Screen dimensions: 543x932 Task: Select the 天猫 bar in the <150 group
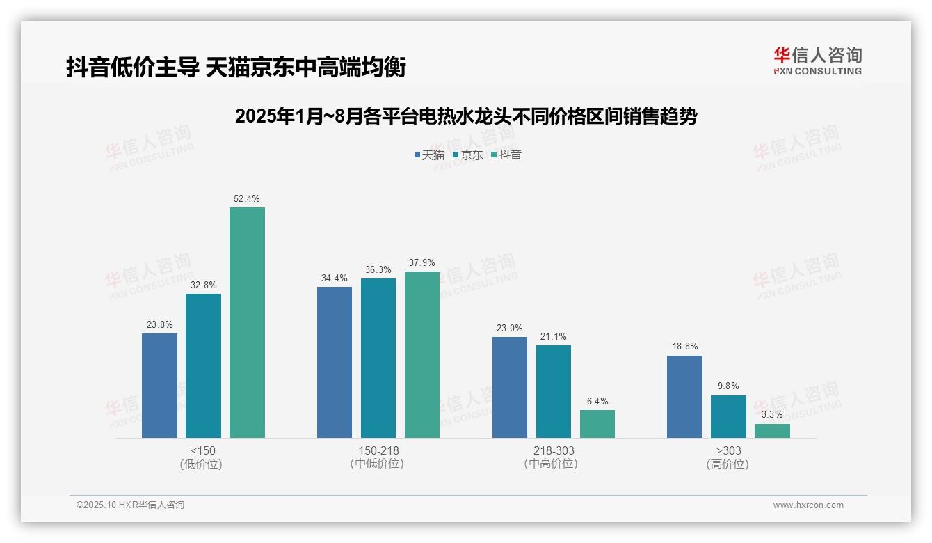click(159, 386)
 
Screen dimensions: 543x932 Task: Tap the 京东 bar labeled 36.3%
click(378, 358)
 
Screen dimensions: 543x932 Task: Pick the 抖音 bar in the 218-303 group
click(597, 424)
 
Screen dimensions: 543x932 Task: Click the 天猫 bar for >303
click(684, 397)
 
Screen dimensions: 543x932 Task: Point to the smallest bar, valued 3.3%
click(772, 431)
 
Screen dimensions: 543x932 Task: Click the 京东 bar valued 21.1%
click(554, 391)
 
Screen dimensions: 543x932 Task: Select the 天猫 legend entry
click(429, 155)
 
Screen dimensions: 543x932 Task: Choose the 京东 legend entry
click(468, 155)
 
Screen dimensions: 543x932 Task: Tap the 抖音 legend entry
click(506, 155)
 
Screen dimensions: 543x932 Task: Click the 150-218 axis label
click(378, 450)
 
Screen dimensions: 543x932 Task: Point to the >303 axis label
click(728, 450)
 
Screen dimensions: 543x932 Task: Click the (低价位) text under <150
click(202, 464)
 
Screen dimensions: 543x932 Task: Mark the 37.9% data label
click(422, 263)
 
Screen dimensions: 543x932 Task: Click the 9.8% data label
click(728, 386)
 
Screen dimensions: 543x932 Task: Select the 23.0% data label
click(510, 329)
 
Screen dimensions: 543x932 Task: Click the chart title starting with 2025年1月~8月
click(466, 116)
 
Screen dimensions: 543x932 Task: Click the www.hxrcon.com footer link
click(808, 505)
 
